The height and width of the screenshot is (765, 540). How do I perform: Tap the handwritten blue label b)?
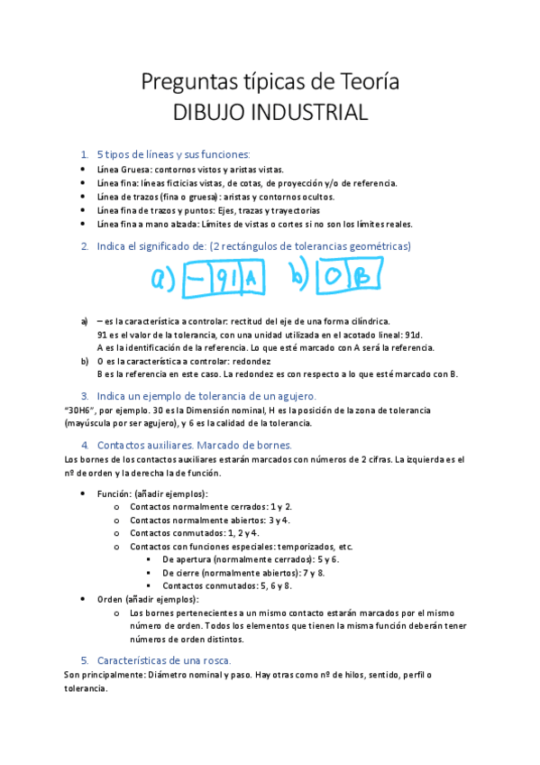click(x=300, y=280)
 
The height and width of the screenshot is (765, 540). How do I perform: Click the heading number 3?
click(x=85, y=396)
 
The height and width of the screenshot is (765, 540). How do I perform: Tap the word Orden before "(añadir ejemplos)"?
click(x=112, y=599)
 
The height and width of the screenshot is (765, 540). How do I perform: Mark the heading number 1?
click(x=85, y=154)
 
